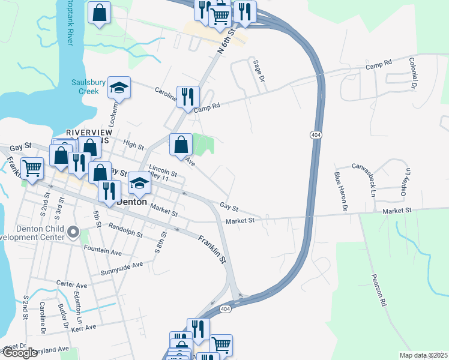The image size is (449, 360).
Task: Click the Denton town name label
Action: [x=131, y=202]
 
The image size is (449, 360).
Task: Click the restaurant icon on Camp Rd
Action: [x=188, y=96]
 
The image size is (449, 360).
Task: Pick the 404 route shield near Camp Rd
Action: [x=316, y=136]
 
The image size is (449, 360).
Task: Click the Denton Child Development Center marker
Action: [x=73, y=231]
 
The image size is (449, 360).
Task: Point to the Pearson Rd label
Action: [x=378, y=291]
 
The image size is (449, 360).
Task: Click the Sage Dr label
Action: [x=259, y=70]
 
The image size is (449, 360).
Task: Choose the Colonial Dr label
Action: [x=413, y=73]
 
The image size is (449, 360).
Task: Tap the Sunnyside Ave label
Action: [x=121, y=265]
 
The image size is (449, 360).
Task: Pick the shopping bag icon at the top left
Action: [x=100, y=12]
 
